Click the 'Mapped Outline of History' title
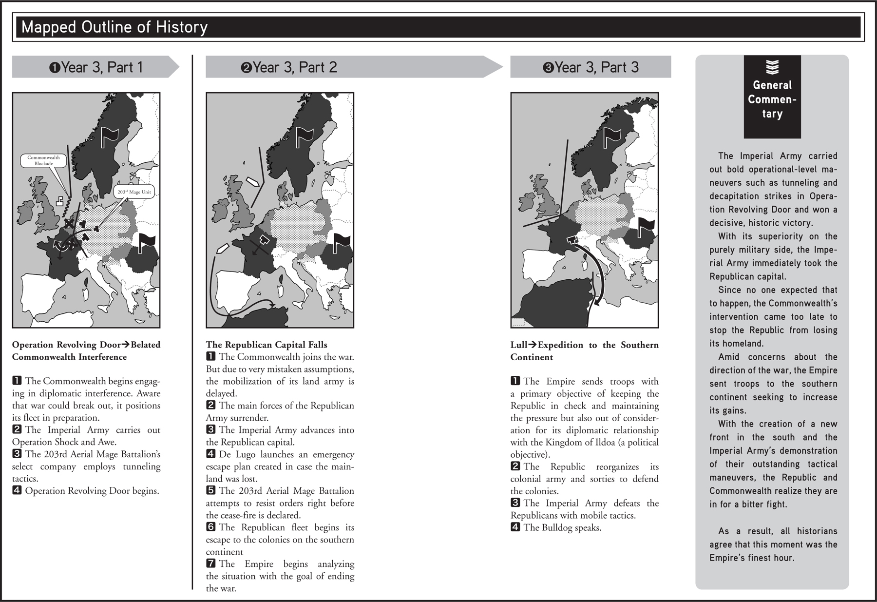pos(114,27)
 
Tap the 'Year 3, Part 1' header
pos(96,67)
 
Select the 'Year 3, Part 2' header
pos(289,67)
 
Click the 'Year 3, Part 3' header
pos(591,67)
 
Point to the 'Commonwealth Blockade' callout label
pos(43,160)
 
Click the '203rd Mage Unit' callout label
pos(134,192)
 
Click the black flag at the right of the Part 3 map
pos(646,227)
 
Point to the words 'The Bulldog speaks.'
pos(562,527)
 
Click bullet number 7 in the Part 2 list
pos(210,563)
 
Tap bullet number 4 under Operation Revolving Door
pos(17,490)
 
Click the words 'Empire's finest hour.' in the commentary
pos(752,558)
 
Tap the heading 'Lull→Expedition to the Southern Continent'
pos(584,350)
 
